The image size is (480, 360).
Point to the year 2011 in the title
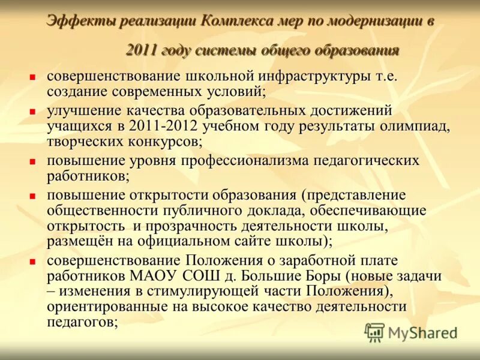pos(141,50)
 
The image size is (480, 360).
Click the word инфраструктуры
pos(308,77)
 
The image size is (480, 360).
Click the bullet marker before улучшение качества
pos(34,112)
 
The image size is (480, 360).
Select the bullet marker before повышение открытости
pos(34,196)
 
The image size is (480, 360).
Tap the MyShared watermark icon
pos(374,332)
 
